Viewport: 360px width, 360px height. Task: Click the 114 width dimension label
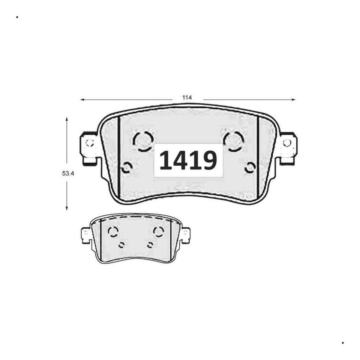point(187,97)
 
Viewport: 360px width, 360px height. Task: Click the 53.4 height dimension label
point(68,174)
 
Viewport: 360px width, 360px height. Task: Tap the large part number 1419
point(188,160)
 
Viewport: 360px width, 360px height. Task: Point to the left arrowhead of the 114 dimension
point(82,100)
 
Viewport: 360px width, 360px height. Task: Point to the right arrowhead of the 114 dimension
point(293,100)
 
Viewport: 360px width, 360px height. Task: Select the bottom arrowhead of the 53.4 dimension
point(67,208)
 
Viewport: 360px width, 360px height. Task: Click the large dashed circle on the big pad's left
point(143,140)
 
